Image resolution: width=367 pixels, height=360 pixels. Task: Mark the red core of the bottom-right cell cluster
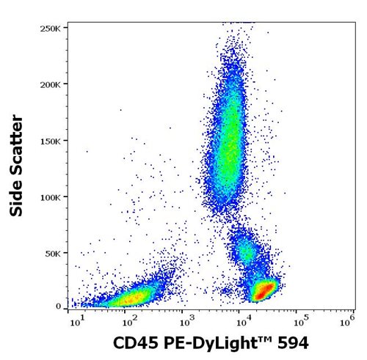(262, 290)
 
